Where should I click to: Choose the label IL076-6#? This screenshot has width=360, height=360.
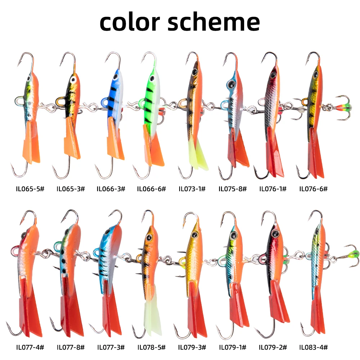click(x=314, y=189)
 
